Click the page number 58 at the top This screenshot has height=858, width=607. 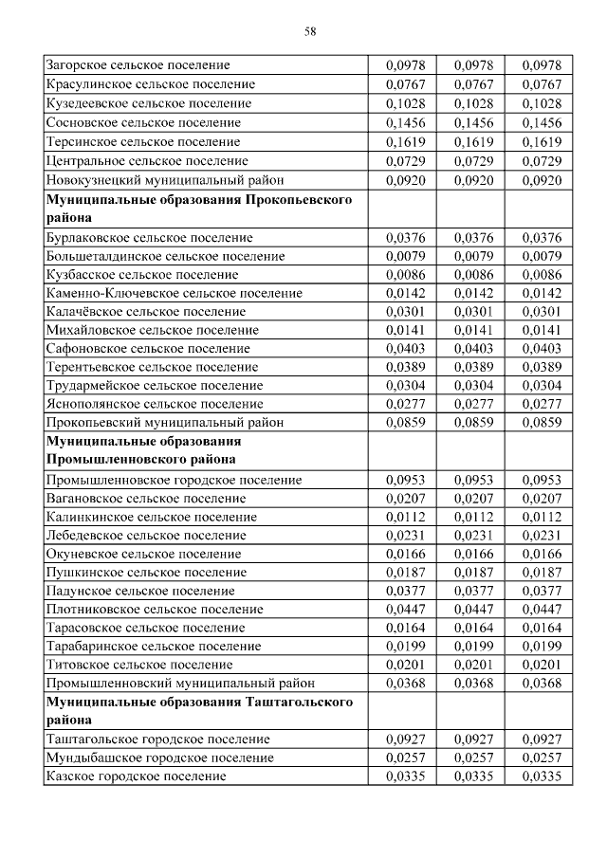click(x=310, y=31)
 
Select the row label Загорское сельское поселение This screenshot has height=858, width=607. click(x=138, y=65)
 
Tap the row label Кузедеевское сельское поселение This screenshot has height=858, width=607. click(x=143, y=103)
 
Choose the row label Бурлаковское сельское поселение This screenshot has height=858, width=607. click(x=149, y=237)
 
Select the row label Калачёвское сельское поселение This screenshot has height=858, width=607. click(x=145, y=311)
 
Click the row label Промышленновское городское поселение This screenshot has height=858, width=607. click(x=174, y=480)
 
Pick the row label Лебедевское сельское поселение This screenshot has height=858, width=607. click(x=146, y=535)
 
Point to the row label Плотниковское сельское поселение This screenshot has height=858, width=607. click(x=154, y=609)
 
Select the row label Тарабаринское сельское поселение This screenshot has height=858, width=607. click(x=154, y=646)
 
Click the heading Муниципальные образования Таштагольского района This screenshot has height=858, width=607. click(x=199, y=710)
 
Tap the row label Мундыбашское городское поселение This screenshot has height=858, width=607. click(x=159, y=758)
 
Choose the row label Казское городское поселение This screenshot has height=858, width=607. click(x=136, y=776)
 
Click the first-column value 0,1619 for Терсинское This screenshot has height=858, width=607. click(x=406, y=141)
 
